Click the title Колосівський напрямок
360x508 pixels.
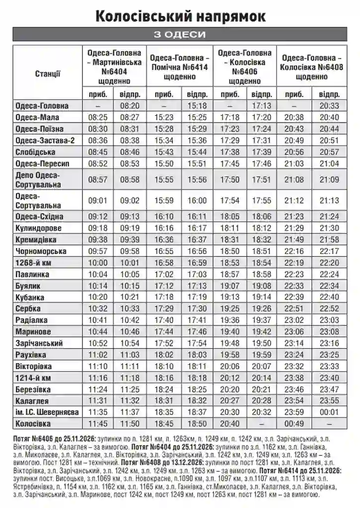point(180,16)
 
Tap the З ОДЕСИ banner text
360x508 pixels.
point(180,34)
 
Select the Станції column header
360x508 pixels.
point(48,74)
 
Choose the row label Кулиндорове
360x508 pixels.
point(39,228)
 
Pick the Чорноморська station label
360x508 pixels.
point(41,252)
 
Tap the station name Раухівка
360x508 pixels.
point(31,355)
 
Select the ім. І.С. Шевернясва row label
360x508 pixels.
point(47,413)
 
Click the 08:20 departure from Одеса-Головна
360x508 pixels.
point(130,106)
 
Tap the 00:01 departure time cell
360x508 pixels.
point(329,413)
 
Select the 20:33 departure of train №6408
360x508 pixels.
point(329,106)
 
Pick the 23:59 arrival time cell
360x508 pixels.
point(294,413)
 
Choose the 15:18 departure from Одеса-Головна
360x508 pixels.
point(197,106)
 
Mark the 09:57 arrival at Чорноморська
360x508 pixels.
point(98,252)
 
